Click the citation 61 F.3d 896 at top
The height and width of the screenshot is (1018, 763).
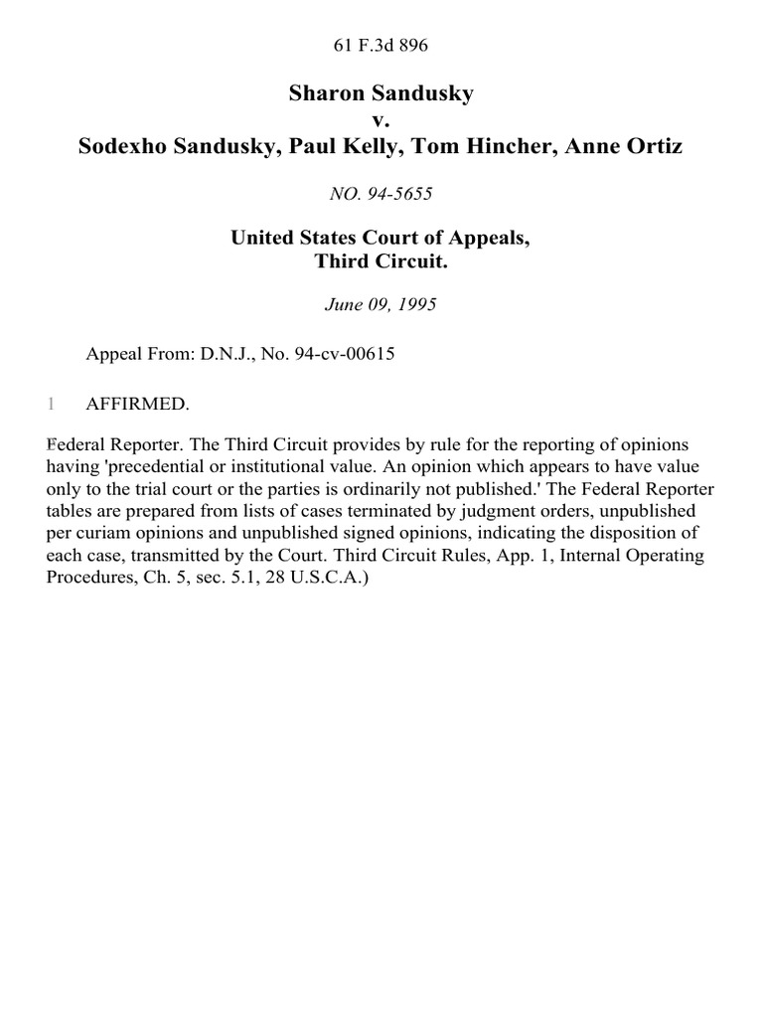[381, 45]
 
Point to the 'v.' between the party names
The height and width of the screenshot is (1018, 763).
[381, 120]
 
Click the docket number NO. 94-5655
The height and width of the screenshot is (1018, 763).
[381, 195]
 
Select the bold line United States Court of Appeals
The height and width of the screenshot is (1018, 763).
[381, 238]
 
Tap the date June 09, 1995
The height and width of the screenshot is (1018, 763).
[381, 305]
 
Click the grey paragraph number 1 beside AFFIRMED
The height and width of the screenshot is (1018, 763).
[51, 404]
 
